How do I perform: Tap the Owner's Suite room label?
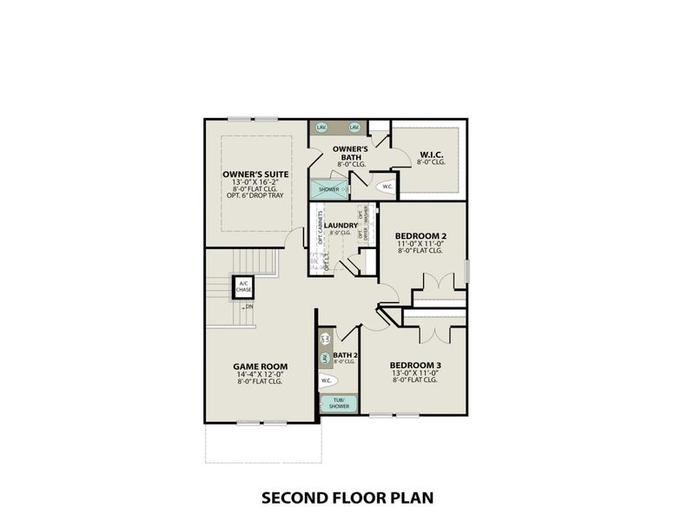[255, 174]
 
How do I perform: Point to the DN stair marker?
[249, 307]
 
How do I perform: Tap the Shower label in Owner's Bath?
[328, 188]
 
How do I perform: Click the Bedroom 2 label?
[420, 235]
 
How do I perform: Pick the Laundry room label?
[341, 226]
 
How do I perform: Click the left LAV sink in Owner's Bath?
[321, 128]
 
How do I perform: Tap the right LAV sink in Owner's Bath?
[354, 128]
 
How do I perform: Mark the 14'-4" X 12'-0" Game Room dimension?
[260, 373]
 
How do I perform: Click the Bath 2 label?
[346, 354]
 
